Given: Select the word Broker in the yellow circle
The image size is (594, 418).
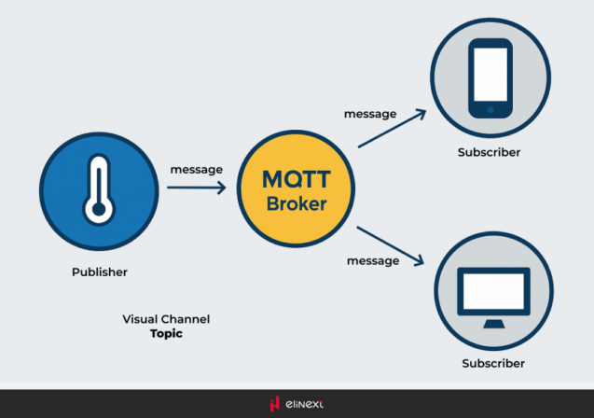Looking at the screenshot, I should click(x=296, y=203).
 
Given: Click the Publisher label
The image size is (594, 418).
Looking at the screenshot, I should click(x=99, y=272).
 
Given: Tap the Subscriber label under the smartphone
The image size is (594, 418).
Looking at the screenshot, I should click(x=489, y=152).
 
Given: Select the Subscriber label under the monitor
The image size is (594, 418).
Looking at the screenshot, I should click(x=493, y=363).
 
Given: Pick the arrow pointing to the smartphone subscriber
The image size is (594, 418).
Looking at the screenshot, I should click(x=392, y=129).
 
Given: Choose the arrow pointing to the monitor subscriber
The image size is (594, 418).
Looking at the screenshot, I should click(x=391, y=245).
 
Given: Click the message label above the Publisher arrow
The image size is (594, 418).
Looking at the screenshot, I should click(x=196, y=170).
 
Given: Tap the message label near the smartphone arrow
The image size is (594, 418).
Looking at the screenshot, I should click(x=370, y=114).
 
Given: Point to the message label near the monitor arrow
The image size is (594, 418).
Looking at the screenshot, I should click(x=373, y=260).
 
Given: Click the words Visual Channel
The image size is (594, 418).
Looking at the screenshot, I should click(x=166, y=319).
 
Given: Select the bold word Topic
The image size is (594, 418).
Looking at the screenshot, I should click(x=166, y=332).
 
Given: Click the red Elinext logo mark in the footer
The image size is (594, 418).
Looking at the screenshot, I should click(x=274, y=404).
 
